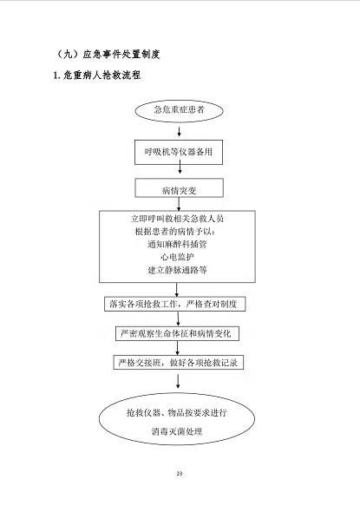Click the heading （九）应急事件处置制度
(108, 54)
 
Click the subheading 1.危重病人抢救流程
(97, 75)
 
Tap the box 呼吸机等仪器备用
(179, 152)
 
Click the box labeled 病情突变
(180, 187)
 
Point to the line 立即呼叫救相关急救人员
(177, 219)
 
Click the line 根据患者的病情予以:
(175, 231)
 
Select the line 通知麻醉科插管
(177, 244)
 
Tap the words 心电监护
(177, 257)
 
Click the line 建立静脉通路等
(177, 270)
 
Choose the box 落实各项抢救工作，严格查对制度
(175, 304)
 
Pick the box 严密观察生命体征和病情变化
(177, 333)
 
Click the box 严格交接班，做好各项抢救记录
(179, 363)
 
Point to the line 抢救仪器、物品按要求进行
(177, 413)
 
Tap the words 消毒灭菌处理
(177, 431)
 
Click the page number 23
(180, 474)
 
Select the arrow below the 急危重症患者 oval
(180, 131)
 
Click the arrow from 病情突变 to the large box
(179, 204)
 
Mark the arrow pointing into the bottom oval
(178, 381)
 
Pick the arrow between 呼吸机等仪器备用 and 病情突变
(180, 169)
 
